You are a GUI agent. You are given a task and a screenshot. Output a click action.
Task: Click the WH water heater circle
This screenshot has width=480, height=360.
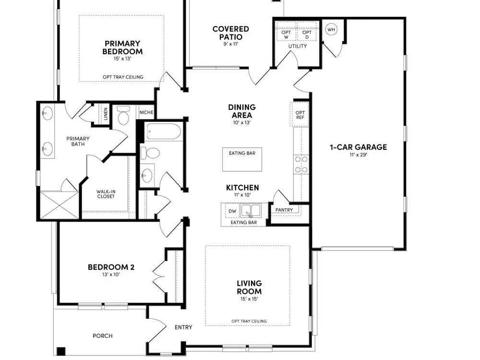click(331, 29)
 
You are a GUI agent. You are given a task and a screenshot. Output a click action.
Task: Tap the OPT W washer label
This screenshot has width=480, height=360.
click(286, 35)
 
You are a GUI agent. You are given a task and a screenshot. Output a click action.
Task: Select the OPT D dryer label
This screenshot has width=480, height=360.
click(307, 35)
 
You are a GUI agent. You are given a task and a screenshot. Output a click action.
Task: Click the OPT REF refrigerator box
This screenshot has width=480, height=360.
click(300, 115)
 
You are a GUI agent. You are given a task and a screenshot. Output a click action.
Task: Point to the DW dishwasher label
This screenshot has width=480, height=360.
click(232, 211)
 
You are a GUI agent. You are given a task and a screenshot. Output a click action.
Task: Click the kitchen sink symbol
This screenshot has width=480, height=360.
click(251, 211)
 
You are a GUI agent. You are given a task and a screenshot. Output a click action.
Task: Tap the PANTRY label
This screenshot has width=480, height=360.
click(284, 210)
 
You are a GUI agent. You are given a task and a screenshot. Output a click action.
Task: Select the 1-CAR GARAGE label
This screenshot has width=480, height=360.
click(358, 147)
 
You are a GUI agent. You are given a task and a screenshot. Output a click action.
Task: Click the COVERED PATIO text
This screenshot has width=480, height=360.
click(231, 33)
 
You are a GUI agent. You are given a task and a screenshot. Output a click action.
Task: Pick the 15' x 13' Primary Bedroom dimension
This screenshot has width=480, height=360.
click(122, 59)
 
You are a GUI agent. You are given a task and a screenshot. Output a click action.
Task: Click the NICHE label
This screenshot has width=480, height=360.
click(146, 112)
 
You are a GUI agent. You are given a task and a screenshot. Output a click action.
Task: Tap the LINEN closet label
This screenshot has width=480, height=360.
click(106, 114)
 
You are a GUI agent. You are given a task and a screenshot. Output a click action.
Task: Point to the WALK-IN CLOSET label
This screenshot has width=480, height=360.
click(106, 194)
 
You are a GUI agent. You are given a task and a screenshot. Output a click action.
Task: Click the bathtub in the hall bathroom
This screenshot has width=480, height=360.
click(164, 132)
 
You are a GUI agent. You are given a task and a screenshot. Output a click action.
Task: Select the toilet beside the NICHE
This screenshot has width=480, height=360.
click(123, 115)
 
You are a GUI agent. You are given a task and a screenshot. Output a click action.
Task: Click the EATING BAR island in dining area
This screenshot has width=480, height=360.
click(242, 159)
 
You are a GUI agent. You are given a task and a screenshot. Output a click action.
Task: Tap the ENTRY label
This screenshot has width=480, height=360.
click(183, 327)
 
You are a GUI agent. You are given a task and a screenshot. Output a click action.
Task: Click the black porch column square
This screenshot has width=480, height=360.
click(61, 351)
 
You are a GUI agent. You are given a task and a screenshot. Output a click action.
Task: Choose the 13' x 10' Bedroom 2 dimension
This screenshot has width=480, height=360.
click(111, 275)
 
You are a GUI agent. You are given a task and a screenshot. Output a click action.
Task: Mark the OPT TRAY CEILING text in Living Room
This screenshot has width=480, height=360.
click(249, 321)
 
